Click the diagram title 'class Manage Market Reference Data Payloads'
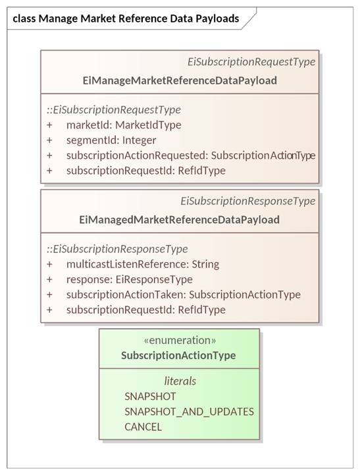click(126, 19)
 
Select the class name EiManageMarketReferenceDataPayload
click(180, 80)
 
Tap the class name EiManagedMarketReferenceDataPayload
click(180, 219)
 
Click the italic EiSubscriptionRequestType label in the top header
click(251, 62)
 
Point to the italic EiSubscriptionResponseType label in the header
click(248, 201)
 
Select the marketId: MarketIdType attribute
click(124, 125)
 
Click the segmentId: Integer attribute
click(111, 140)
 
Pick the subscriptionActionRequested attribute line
click(191, 155)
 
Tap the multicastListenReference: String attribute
click(143, 264)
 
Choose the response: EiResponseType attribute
click(130, 279)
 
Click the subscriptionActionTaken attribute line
click(184, 294)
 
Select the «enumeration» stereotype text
click(180, 340)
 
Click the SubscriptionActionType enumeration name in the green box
click(178, 355)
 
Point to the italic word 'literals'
click(180, 381)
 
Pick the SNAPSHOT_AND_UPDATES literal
click(189, 412)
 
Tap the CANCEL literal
click(143, 427)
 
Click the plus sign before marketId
click(49, 125)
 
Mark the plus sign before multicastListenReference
click(49, 264)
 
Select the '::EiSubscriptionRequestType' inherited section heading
click(114, 109)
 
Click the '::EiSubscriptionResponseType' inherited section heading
click(117, 249)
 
